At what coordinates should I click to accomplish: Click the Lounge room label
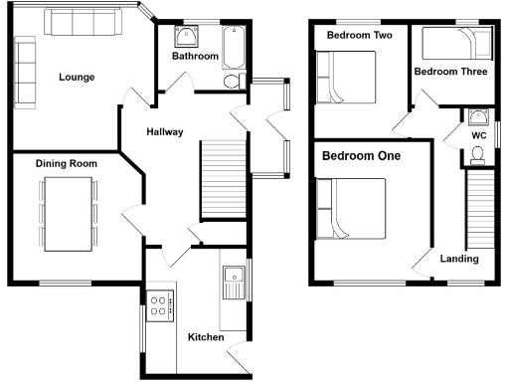point(77,77)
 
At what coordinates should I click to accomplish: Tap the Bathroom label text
point(194,57)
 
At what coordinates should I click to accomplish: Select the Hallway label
point(164,132)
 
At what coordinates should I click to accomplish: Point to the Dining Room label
point(66,163)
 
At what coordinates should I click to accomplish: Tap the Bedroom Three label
point(449,72)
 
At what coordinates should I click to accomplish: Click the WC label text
point(478,134)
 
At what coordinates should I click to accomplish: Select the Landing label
point(459,259)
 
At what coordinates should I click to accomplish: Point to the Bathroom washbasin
point(186,37)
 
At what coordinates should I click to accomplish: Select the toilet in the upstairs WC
point(477,153)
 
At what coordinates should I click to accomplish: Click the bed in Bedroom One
point(351,208)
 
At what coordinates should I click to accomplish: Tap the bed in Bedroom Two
point(346,78)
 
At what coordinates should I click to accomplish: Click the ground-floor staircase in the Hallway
point(223,179)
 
